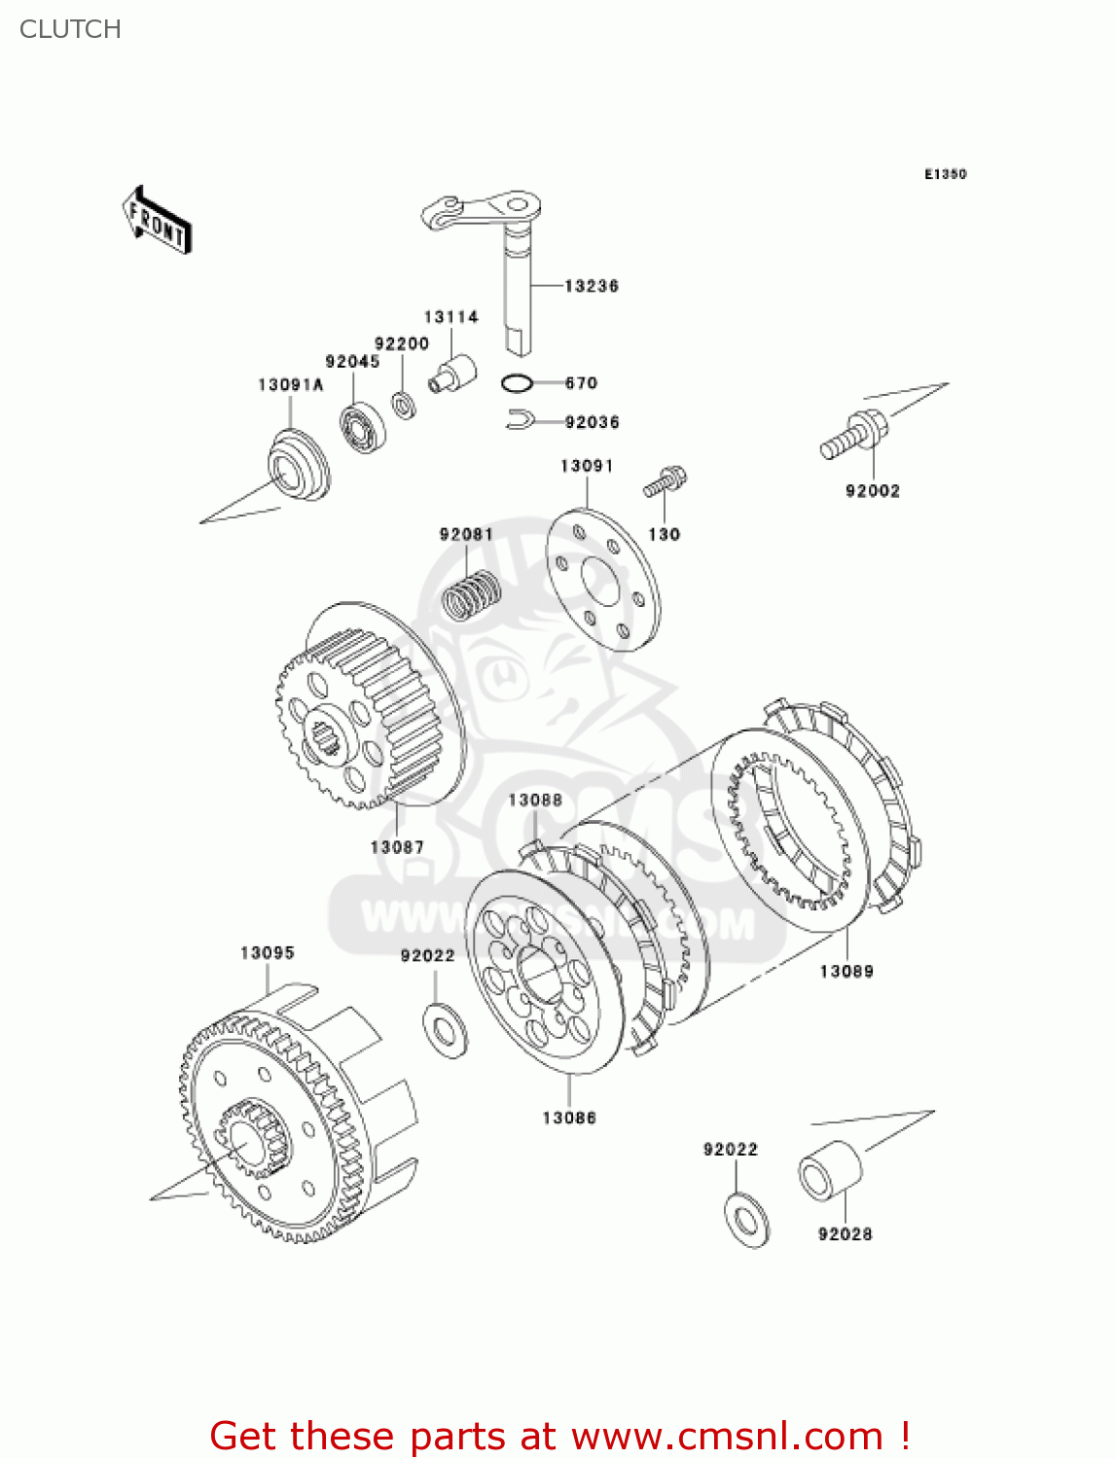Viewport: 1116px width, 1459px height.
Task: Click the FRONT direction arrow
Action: point(157,221)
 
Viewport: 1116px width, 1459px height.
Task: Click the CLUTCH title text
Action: point(70,29)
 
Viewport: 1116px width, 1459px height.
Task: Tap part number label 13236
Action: point(592,286)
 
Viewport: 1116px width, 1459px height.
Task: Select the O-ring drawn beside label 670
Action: point(517,383)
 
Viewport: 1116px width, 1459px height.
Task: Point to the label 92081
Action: point(466,534)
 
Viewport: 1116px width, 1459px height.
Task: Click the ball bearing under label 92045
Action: point(362,424)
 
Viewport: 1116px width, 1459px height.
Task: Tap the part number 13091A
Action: point(290,385)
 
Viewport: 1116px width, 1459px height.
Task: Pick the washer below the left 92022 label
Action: point(446,1028)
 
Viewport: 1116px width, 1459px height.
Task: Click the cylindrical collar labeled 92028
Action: point(830,1171)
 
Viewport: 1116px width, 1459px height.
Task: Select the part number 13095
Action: point(267,953)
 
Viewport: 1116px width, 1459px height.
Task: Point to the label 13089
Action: point(846,971)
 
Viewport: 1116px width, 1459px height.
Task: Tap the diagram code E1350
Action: point(945,174)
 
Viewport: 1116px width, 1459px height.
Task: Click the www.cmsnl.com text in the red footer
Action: point(725,1436)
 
